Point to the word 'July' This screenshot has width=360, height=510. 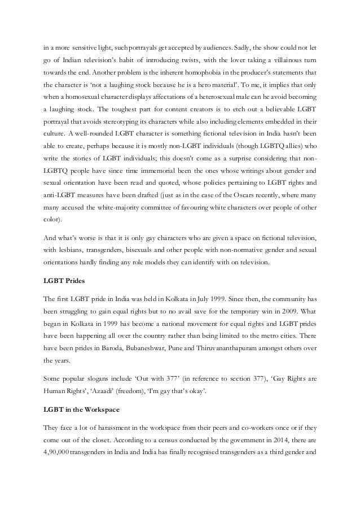184,303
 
